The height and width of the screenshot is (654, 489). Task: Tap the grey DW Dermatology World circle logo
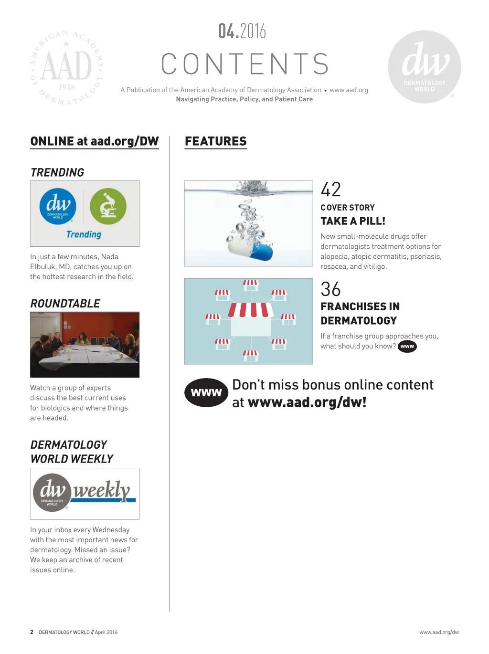tap(425, 67)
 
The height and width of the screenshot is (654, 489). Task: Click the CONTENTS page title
tap(245, 64)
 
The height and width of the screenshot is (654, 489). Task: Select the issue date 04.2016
tap(242, 32)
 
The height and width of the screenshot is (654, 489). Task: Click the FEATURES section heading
tap(216, 141)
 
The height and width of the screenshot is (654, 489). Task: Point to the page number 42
tap(331, 190)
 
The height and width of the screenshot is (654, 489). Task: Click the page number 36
tap(331, 289)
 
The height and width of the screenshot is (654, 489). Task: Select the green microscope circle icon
tap(108, 206)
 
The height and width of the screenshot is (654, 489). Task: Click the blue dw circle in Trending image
tap(58, 206)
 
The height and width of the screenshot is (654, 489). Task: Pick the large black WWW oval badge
tap(206, 392)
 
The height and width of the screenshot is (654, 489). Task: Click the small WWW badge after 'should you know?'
tap(407, 346)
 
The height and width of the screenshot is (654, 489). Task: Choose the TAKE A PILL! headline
tap(353, 221)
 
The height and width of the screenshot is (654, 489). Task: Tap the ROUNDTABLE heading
tap(65, 304)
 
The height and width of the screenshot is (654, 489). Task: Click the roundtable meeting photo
tap(85, 345)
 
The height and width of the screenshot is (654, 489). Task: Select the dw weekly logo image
tap(85, 494)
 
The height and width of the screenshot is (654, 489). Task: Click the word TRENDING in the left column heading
tap(57, 172)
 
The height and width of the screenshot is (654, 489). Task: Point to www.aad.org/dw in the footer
tap(439, 632)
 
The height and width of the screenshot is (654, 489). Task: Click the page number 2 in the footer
tap(32, 632)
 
